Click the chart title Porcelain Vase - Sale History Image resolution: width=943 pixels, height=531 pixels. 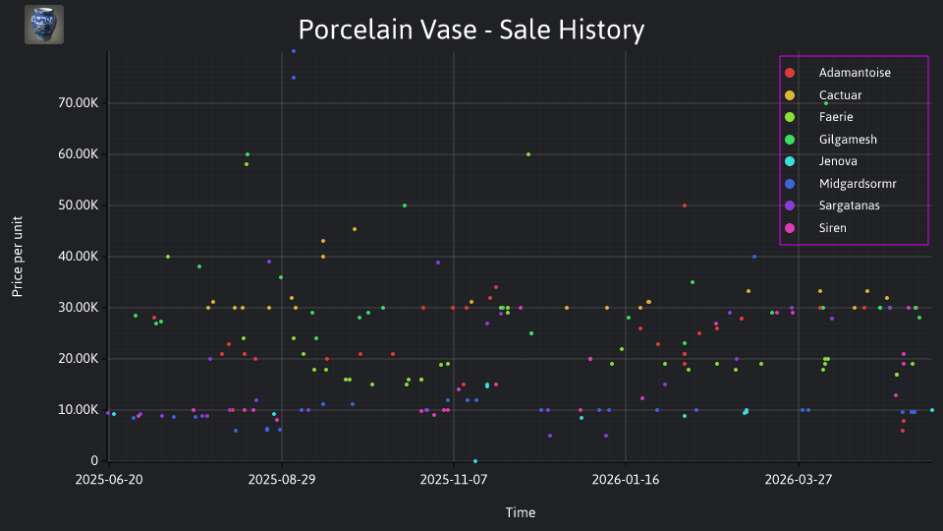point(471,29)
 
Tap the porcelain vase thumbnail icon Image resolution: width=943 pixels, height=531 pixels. point(44,25)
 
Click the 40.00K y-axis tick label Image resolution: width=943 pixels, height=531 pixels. point(79,257)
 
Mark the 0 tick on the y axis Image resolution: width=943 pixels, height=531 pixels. point(94,460)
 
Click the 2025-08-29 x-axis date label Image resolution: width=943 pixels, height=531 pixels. point(282,480)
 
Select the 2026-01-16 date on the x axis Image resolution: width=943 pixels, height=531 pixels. point(626,480)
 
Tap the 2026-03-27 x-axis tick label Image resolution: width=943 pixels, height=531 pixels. point(798,480)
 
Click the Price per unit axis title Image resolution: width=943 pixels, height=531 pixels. point(18,257)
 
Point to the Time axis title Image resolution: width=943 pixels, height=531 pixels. point(521,512)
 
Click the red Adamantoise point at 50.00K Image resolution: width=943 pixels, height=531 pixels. point(685,206)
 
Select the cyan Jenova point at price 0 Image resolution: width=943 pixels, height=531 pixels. point(475,461)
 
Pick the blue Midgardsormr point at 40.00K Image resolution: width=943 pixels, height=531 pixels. point(754,257)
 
